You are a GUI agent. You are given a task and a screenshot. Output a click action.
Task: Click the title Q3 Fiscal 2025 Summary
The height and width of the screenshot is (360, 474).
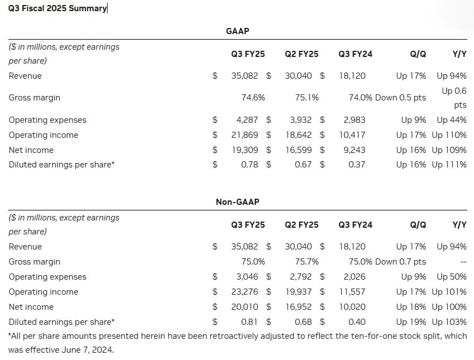coord(57,8)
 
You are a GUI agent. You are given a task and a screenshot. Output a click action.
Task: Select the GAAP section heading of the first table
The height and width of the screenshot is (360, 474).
coord(237,31)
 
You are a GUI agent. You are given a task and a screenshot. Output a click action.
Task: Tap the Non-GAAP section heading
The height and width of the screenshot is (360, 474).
coord(237,202)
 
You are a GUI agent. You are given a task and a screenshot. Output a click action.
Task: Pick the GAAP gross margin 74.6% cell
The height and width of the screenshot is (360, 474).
coord(253,98)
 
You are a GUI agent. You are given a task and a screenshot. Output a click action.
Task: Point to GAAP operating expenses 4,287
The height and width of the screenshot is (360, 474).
coord(248,120)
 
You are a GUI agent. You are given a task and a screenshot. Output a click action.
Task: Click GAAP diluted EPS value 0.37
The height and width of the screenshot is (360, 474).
coord(356,165)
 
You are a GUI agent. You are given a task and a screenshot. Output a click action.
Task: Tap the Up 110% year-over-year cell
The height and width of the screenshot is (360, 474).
coord(449,135)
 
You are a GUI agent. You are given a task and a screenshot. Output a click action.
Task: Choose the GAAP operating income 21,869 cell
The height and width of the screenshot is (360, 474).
coord(244,135)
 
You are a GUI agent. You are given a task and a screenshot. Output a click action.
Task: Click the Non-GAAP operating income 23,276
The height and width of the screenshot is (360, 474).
coord(244,292)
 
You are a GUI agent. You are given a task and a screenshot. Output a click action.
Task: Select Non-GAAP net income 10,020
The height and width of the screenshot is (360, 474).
coord(352,307)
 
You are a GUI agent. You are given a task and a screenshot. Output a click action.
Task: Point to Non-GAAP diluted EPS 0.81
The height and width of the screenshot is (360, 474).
coord(249,322)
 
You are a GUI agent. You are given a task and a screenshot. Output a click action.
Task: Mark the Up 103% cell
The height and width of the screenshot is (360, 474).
coord(449,322)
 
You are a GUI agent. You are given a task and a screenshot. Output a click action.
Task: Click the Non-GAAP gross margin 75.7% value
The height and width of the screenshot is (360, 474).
coord(307,262)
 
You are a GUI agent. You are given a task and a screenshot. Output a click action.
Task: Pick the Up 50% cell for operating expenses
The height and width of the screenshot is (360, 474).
coord(452,277)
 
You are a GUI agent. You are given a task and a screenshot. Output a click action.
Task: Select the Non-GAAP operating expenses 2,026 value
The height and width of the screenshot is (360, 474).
coord(354,277)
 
